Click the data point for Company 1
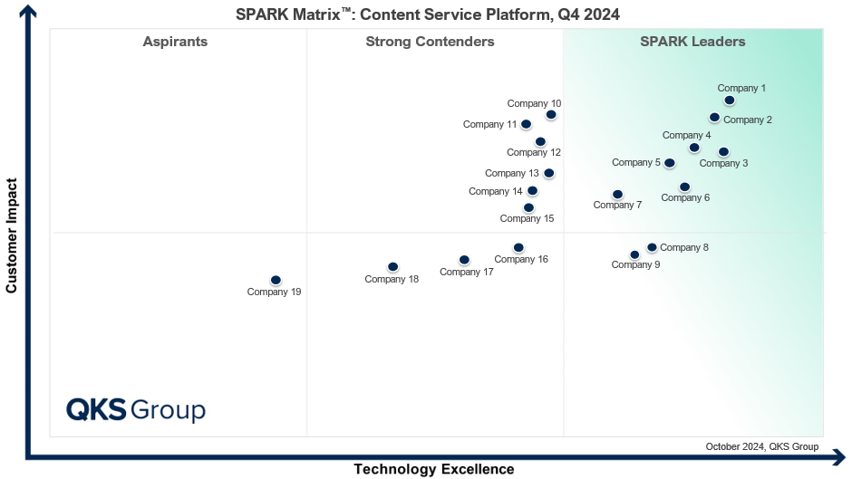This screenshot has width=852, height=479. [x=729, y=101]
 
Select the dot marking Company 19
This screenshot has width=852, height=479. [x=276, y=281]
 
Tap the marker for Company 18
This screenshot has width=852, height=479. [x=392, y=267]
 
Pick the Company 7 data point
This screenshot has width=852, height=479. [x=617, y=195]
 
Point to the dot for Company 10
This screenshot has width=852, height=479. [x=551, y=115]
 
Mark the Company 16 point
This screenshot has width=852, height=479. [x=518, y=247]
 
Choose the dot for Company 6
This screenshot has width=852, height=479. [x=684, y=187]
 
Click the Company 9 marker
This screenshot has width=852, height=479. [x=634, y=254]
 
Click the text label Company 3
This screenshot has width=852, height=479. [x=723, y=163]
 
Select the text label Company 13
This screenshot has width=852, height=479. [x=512, y=173]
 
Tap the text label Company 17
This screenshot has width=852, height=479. [x=466, y=272]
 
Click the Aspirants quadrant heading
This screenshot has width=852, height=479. [x=175, y=42]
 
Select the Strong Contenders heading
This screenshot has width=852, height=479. [x=430, y=42]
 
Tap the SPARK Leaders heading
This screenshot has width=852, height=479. [x=692, y=42]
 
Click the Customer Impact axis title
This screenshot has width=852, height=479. [x=12, y=235]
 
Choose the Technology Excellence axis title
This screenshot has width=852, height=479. [x=433, y=469]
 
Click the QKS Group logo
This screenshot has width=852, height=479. [x=136, y=409]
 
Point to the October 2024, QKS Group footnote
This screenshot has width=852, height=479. [x=761, y=446]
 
